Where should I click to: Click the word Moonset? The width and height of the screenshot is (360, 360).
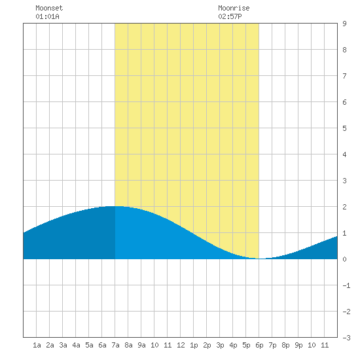(x=49, y=8)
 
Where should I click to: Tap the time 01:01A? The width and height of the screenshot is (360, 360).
(x=47, y=16)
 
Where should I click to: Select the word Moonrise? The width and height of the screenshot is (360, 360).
(x=234, y=8)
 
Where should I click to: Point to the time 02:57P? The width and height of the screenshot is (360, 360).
(x=230, y=16)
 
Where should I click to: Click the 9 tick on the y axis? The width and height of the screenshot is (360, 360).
(x=344, y=24)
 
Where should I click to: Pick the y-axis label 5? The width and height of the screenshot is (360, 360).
(x=344, y=128)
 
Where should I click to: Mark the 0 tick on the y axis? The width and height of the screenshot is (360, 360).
(x=344, y=259)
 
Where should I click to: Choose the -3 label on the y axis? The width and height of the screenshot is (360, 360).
(x=346, y=338)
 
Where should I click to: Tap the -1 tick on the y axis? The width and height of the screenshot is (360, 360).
(x=346, y=285)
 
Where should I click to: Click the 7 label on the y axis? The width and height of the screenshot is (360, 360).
(x=344, y=76)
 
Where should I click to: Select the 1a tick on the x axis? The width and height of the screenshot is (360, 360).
(x=37, y=345)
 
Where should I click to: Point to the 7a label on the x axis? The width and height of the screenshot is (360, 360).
(x=115, y=345)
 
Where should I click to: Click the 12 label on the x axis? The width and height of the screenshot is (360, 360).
(x=181, y=345)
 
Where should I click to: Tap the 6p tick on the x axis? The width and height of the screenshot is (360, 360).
(x=259, y=345)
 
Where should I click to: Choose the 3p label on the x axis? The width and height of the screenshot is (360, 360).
(x=220, y=345)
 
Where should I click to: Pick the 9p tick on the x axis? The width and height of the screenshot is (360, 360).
(x=298, y=345)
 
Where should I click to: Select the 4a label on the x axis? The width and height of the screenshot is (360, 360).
(x=76, y=345)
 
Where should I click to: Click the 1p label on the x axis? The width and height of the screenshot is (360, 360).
(x=194, y=345)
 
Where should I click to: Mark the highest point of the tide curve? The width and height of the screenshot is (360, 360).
(x=115, y=206)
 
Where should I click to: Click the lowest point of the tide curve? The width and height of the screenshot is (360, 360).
(x=261, y=259)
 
